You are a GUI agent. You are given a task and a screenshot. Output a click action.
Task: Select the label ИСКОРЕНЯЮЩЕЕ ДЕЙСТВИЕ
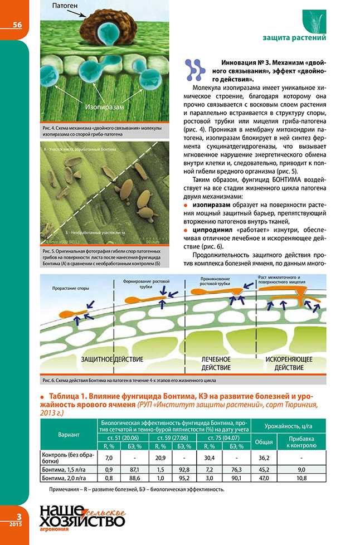click(289, 363)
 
